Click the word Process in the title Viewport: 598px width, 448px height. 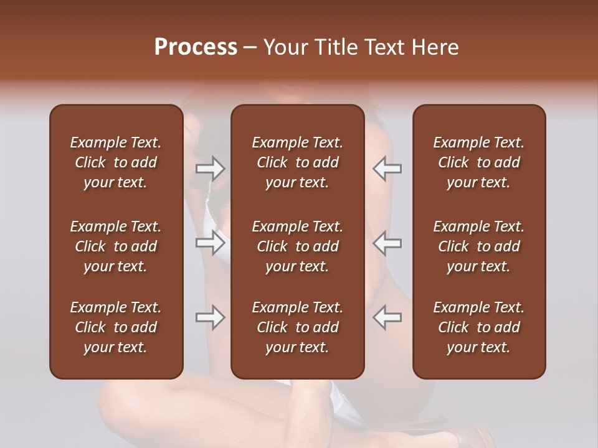196,47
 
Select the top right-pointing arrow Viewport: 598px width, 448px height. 211,169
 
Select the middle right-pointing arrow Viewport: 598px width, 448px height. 211,243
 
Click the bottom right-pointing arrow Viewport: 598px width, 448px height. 211,317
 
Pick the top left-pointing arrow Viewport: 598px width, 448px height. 387,169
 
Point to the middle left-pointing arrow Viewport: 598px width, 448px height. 387,243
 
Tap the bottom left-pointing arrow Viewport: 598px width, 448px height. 387,317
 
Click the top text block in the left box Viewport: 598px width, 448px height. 116,162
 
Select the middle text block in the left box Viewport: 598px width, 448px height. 116,246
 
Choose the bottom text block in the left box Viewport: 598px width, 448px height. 116,327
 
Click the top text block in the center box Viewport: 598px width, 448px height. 297,162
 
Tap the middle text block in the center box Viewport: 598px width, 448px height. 297,246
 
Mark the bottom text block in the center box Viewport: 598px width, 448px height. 297,327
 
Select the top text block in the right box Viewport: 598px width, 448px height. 478,162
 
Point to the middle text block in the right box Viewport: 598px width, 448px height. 478,246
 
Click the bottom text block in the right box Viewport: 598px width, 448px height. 478,327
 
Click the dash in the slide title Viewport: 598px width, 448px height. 250,48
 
